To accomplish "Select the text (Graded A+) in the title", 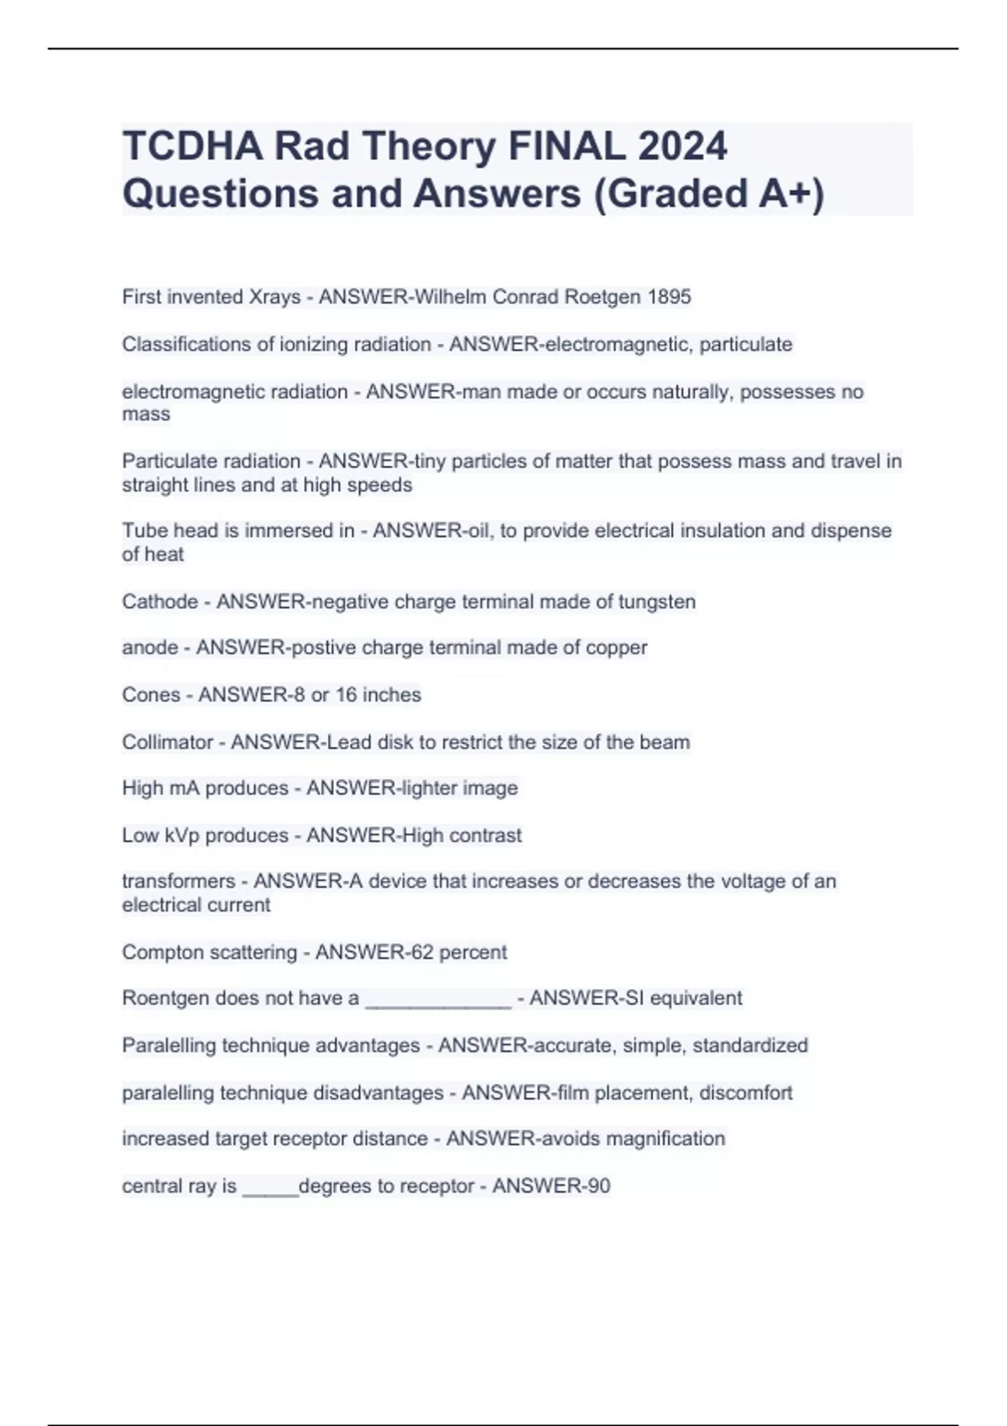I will tap(709, 193).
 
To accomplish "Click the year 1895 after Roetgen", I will tap(669, 297).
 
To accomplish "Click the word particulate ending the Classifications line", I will tap(746, 344).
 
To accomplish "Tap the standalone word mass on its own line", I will tap(146, 414).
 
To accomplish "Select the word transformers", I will tap(179, 882).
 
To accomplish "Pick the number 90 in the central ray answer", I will tap(598, 1186).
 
